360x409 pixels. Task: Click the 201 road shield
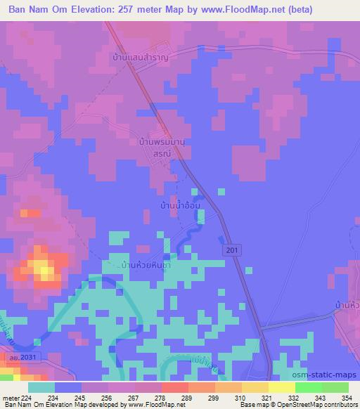point(232,250)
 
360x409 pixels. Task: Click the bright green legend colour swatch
point(308,387)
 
